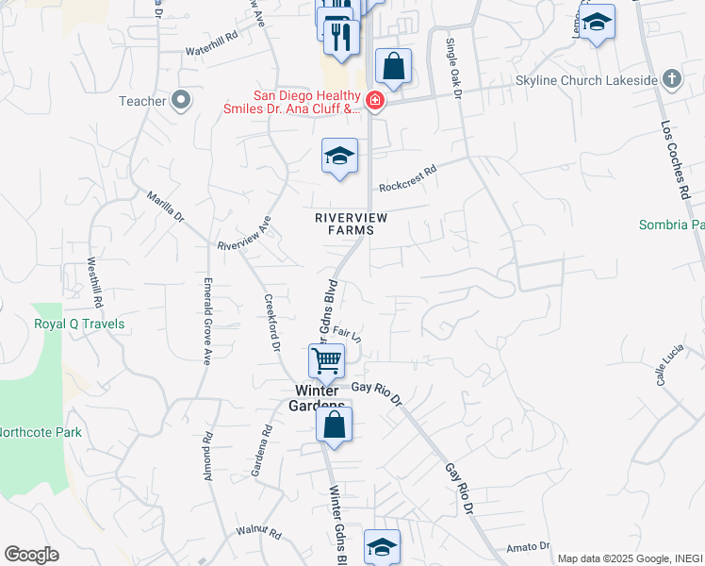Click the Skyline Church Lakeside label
[585, 80]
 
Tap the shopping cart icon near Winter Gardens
[326, 359]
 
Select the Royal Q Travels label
[79, 324]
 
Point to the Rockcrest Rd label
[409, 179]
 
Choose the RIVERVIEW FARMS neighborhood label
[351, 224]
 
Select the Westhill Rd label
[95, 282]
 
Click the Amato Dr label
[528, 546]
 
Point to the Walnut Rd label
[259, 534]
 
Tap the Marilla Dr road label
[165, 206]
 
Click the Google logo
[30, 555]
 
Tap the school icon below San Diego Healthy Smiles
[339, 157]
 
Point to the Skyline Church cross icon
[671, 78]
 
